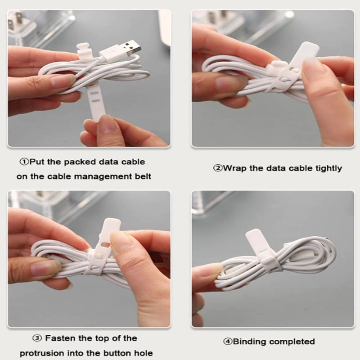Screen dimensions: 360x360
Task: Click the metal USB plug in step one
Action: click(x=130, y=49)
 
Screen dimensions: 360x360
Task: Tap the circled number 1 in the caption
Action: click(x=24, y=162)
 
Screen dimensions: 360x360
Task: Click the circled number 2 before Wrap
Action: click(x=218, y=168)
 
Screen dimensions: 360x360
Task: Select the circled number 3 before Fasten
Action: click(x=37, y=338)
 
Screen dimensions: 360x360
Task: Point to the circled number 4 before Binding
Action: click(x=228, y=342)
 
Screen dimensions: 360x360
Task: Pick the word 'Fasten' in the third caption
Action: click(x=60, y=338)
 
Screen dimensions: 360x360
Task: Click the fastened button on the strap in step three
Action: click(x=99, y=255)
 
